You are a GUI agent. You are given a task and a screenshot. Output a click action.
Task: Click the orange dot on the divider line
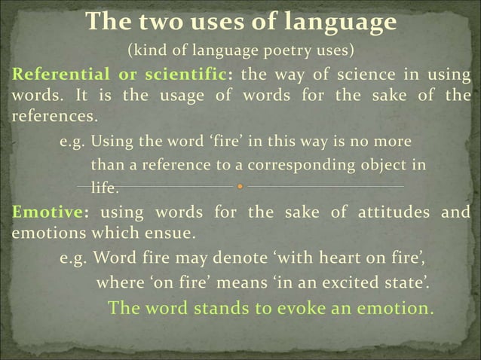[239, 185]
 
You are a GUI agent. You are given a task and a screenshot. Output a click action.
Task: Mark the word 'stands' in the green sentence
[217, 309]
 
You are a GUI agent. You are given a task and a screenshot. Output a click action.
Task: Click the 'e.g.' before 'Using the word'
[74, 141]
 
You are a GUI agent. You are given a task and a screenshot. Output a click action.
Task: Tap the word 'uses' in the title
[234, 22]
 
